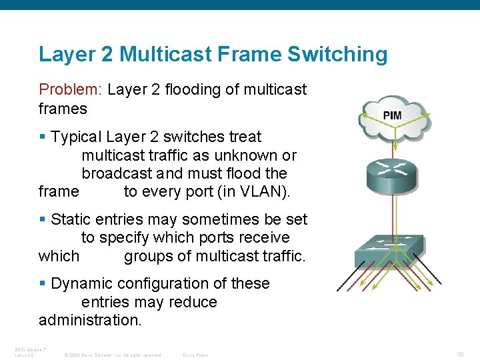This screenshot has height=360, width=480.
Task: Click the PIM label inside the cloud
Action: tap(392, 115)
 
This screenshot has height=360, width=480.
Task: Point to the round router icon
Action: tap(393, 175)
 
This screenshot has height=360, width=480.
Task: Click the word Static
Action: tap(71, 219)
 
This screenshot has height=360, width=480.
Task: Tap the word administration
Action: tap(90, 320)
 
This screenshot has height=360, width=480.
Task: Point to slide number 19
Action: tap(460, 355)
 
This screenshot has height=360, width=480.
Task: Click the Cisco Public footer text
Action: tap(195, 355)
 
